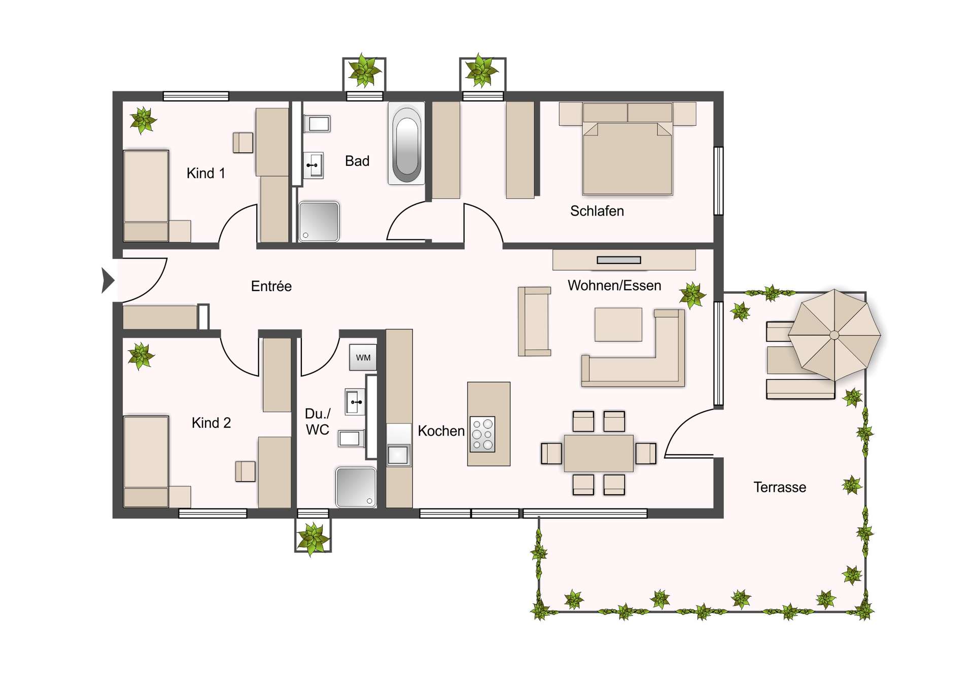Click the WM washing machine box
coord(363,357)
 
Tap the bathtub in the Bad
coord(406,143)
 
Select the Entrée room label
coord(271,286)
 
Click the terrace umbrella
coord(834,335)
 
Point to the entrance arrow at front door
coord(108,280)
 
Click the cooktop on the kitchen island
coord(482,434)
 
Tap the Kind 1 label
coord(205,173)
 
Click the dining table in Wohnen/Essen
coord(599,453)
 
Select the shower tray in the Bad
coord(319,221)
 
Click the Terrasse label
coord(779,487)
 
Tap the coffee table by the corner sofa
coord(618,324)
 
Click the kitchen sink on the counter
coord(398,455)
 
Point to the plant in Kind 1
coord(143,121)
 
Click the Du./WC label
coord(318,422)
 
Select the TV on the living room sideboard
coord(618,260)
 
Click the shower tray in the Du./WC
coord(356,487)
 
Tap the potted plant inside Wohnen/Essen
coord(692,295)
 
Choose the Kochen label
coord(441,431)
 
